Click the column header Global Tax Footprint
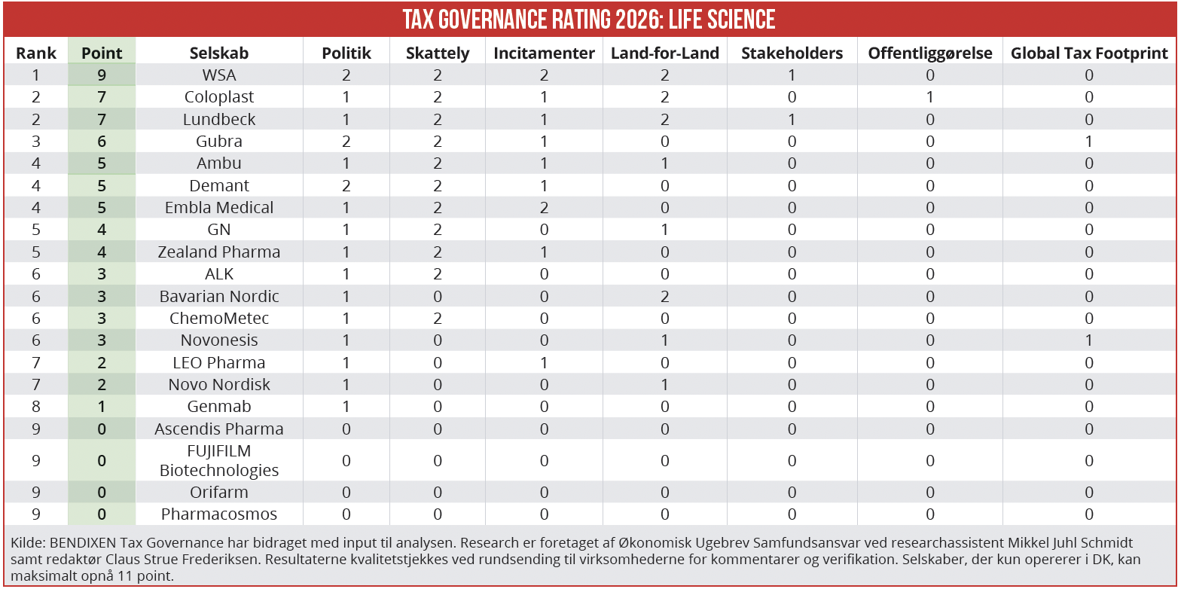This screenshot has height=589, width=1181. pos(1089,53)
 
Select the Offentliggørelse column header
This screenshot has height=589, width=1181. pos(930,53)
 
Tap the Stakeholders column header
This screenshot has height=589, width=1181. pos(792,53)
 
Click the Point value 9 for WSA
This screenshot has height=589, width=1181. pos(102,75)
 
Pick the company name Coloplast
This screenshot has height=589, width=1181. pos(218,97)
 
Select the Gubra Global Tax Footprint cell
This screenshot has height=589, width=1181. pos(1089,142)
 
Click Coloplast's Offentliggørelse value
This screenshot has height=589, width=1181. pos(930,97)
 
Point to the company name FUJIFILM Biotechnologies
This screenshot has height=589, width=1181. pos(218,460)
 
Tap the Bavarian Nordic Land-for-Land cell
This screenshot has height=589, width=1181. pos(664,296)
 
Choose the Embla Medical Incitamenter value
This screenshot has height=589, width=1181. pos(544,208)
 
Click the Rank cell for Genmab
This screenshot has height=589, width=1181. pos(36,407)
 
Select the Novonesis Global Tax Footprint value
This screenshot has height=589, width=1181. pos(1089,340)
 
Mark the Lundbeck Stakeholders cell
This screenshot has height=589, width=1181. pos(792,120)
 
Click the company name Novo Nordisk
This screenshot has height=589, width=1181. pos(218,384)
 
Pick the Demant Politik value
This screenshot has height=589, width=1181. pos(346,185)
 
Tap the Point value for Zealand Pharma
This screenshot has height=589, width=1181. pos(102,252)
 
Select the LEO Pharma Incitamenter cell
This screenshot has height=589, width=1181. pos(544,363)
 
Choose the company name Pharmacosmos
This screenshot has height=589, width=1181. pos(218,514)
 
